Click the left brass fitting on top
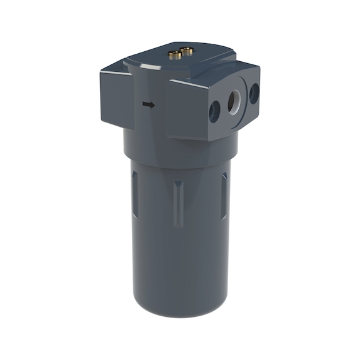point(176,55)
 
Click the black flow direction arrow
point(148,104)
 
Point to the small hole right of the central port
point(254,94)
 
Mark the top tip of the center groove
point(179,183)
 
